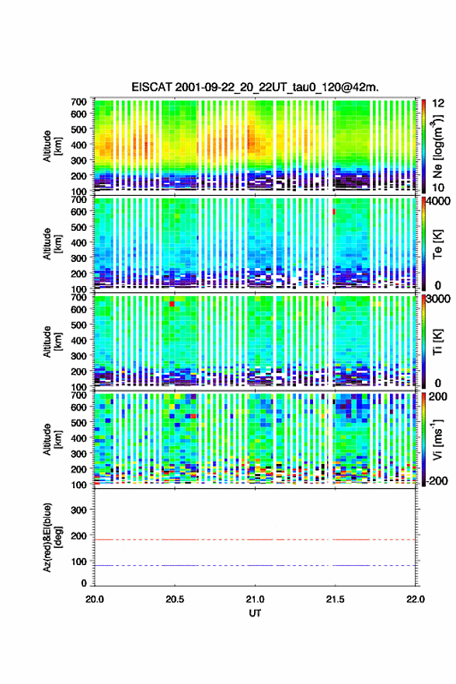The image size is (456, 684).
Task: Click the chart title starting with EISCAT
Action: click(x=255, y=87)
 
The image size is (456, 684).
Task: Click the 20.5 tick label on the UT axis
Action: click(x=175, y=599)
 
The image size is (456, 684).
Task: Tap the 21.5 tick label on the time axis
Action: click(x=335, y=599)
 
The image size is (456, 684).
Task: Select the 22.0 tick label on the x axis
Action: click(x=415, y=599)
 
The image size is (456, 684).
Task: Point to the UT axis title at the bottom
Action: click(x=255, y=613)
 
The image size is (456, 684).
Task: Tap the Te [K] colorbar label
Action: click(x=437, y=244)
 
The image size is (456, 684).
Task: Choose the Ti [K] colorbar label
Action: click(x=437, y=341)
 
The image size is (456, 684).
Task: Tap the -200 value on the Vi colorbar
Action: click(x=437, y=480)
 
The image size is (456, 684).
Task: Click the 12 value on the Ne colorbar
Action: click(x=438, y=103)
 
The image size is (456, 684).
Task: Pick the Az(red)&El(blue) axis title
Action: click(x=52, y=537)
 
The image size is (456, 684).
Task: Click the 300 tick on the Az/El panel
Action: click(x=78, y=510)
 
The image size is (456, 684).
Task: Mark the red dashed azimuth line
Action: click(x=255, y=539)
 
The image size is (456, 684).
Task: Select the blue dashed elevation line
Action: click(x=255, y=565)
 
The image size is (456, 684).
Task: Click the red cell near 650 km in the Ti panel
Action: click(x=172, y=304)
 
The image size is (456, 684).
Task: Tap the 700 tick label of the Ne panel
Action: click(x=78, y=102)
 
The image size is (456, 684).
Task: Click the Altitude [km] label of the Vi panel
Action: click(x=52, y=439)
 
